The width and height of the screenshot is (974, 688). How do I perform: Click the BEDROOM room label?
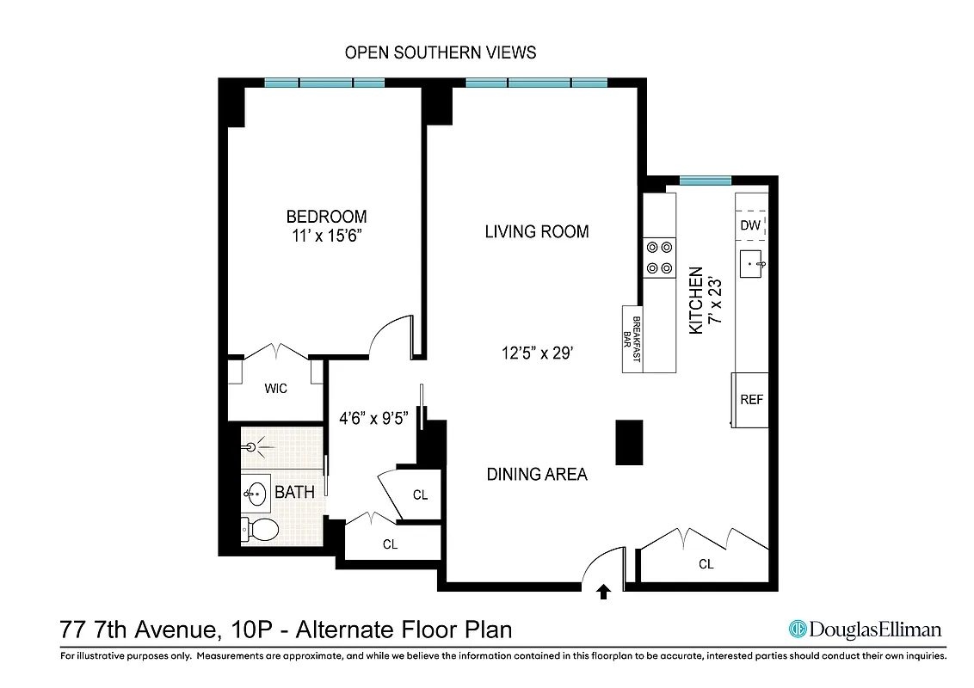(326, 217)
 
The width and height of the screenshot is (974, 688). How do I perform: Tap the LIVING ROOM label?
(536, 231)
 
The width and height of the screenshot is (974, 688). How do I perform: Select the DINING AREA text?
(537, 474)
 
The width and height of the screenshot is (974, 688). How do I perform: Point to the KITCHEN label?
(696, 300)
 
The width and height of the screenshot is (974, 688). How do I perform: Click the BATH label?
(294, 492)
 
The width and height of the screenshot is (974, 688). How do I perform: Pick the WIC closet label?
(276, 389)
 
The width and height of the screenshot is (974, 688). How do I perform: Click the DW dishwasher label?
(750, 225)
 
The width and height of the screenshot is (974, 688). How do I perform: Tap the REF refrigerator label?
(751, 400)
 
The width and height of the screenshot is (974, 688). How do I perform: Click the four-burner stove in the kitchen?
(660, 257)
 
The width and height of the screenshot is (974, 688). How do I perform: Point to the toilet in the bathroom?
(261, 530)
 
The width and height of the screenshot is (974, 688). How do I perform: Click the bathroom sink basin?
(256, 494)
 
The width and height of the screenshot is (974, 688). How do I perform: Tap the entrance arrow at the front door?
(604, 591)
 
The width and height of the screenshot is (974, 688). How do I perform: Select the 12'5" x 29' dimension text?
(537, 352)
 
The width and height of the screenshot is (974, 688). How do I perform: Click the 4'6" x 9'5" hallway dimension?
(374, 419)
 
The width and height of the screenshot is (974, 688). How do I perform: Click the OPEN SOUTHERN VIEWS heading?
(441, 52)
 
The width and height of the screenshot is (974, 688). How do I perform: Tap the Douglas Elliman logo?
(866, 630)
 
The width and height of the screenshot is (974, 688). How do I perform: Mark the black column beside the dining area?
(630, 442)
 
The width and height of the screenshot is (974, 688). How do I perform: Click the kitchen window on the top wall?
(705, 181)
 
